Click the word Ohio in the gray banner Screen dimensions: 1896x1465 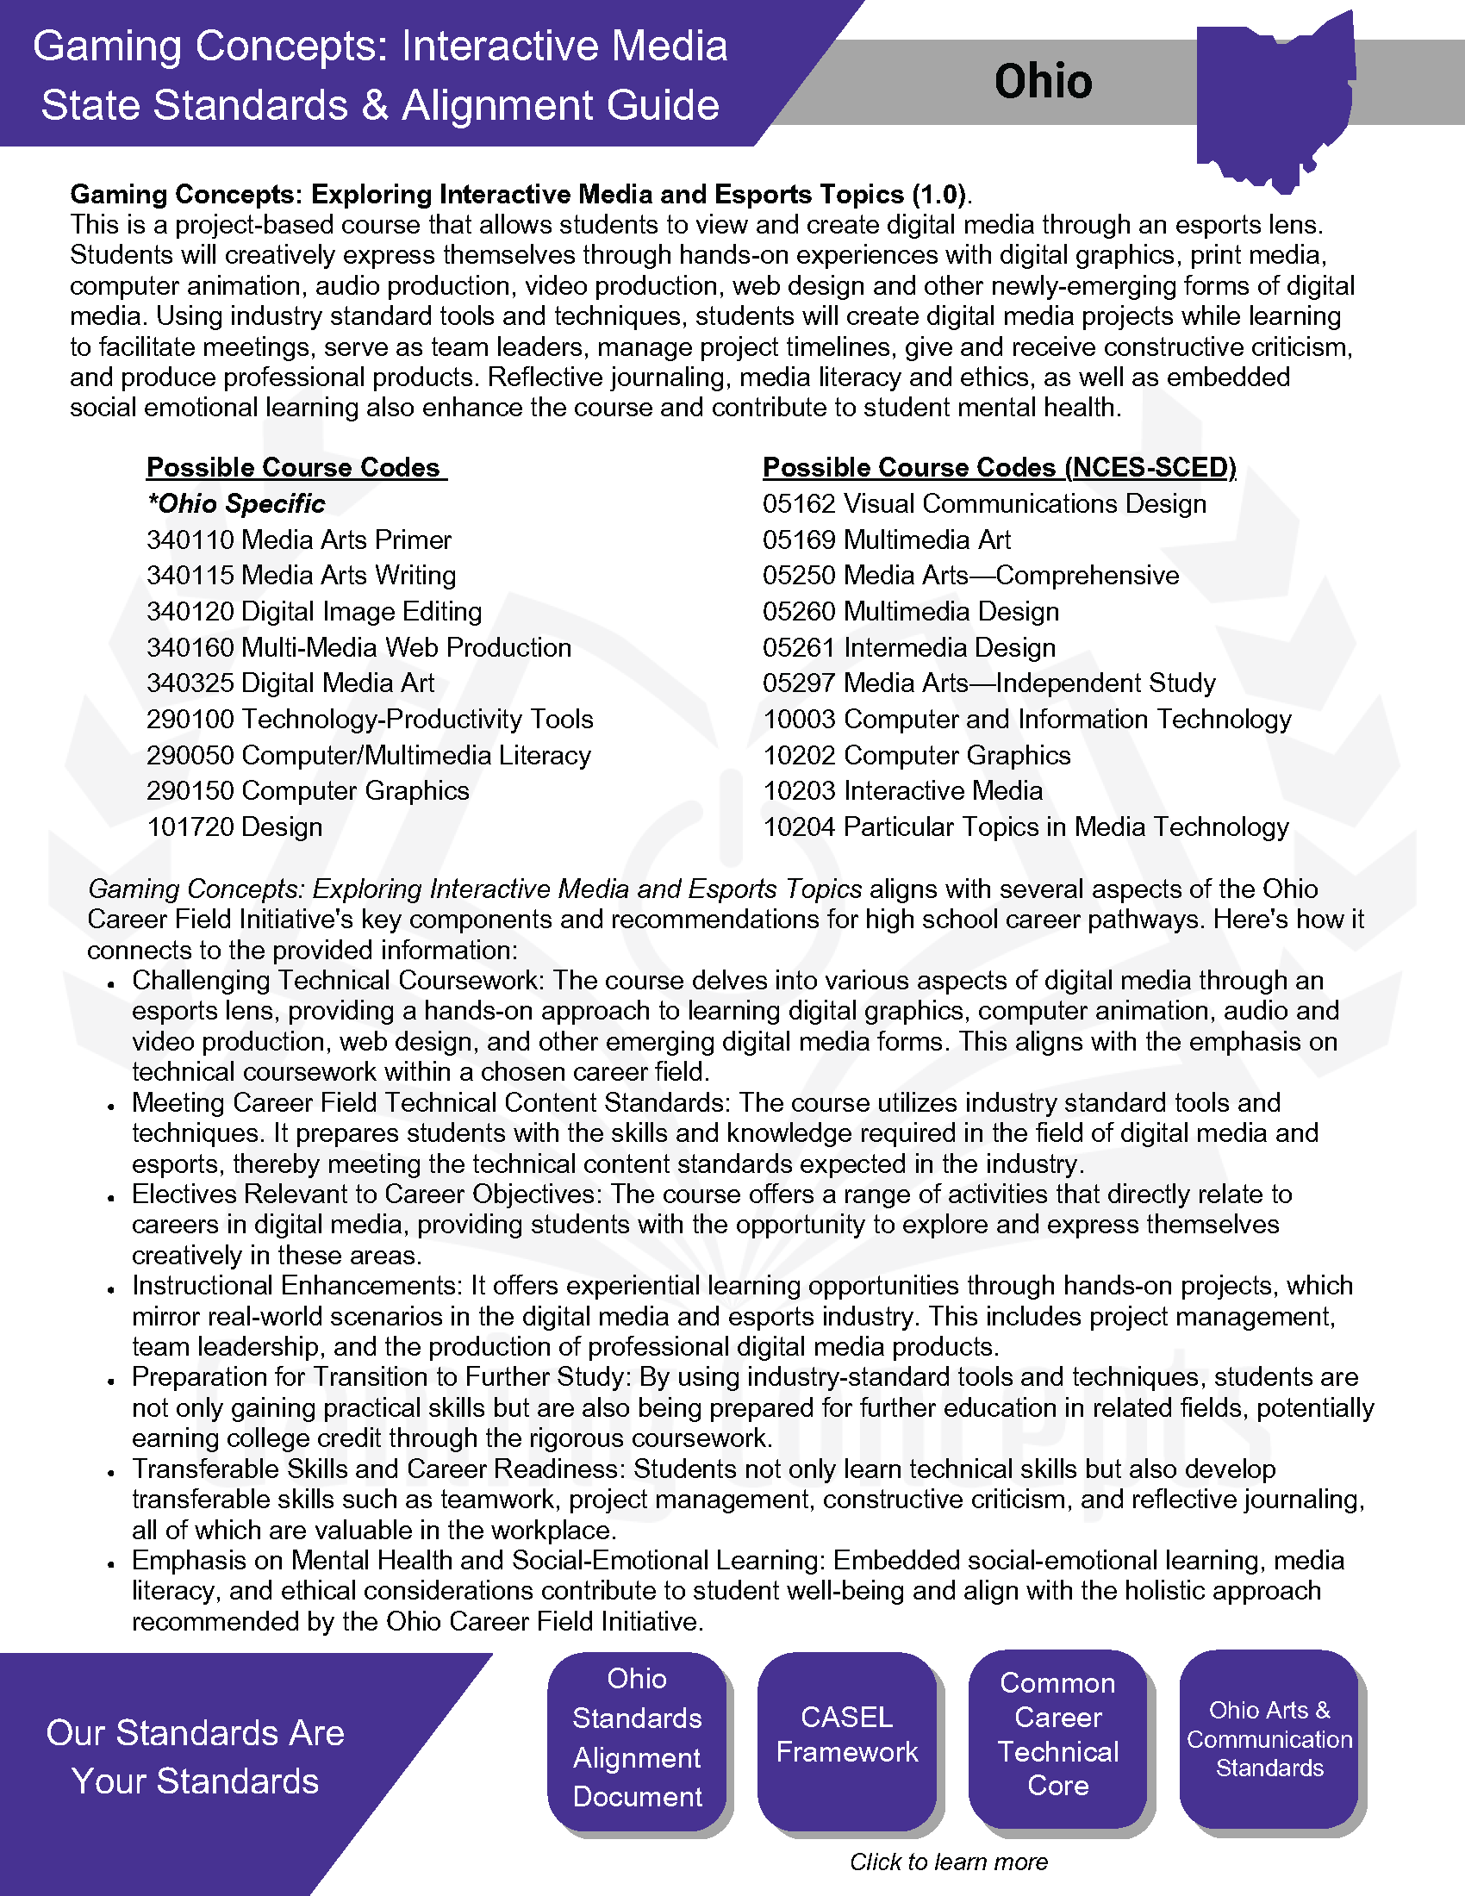tap(1043, 82)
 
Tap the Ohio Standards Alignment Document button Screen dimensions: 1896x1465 tap(637, 1739)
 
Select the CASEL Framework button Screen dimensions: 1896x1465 tap(847, 1739)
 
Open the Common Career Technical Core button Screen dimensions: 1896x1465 tap(1057, 1739)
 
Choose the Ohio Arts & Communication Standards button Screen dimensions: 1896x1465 tap(1269, 1739)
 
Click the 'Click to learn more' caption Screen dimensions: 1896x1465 tap(949, 1862)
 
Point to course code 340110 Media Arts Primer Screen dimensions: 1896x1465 tap(298, 540)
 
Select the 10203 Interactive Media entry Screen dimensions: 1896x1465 tap(902, 791)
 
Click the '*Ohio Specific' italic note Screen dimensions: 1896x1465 tap(236, 503)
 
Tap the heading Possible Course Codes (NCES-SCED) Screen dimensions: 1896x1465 tap(999, 467)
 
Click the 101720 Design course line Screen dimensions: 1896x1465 tap(234, 826)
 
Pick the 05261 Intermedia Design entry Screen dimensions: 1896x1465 tap(908, 647)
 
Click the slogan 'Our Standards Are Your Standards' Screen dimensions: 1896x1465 tap(196, 1756)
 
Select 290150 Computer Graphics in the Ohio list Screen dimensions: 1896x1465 tap(308, 791)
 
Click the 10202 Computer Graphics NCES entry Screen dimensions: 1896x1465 tap(917, 755)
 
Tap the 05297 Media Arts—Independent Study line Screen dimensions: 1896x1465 tap(988, 683)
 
